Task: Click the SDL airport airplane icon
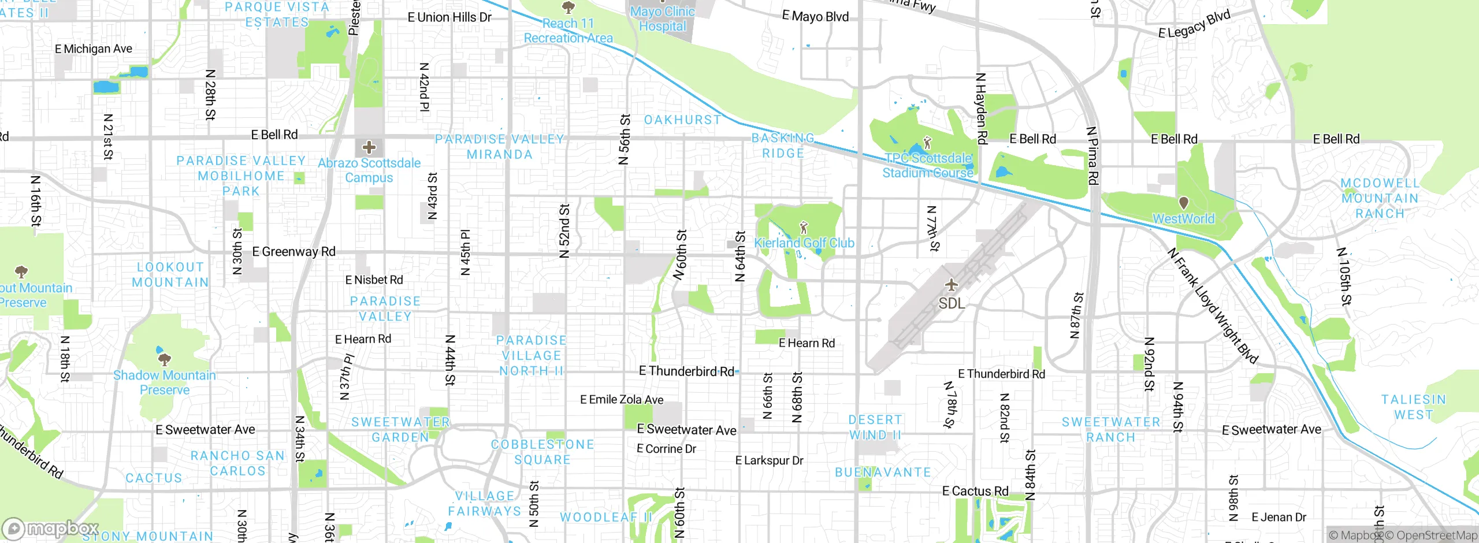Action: coord(951,285)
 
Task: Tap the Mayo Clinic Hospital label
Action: coord(662,18)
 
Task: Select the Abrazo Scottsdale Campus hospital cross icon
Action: coord(369,147)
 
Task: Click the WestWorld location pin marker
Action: coord(1183,203)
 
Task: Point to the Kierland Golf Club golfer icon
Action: coord(803,227)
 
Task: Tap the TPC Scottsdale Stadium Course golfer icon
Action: coord(927,142)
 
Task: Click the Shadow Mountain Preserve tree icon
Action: coord(165,360)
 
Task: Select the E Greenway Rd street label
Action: coord(293,251)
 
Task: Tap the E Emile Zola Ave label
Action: coord(622,399)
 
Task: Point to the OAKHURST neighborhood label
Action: coord(682,120)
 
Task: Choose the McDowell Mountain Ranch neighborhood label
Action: coord(1380,198)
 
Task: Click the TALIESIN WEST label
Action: coord(1413,407)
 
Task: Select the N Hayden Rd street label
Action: coord(981,108)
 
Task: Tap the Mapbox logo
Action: coord(51,529)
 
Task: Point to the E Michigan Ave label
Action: coord(94,49)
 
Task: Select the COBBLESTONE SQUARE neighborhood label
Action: coord(542,452)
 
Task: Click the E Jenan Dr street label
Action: coord(1279,517)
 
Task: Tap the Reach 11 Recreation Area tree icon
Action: coord(568,8)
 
